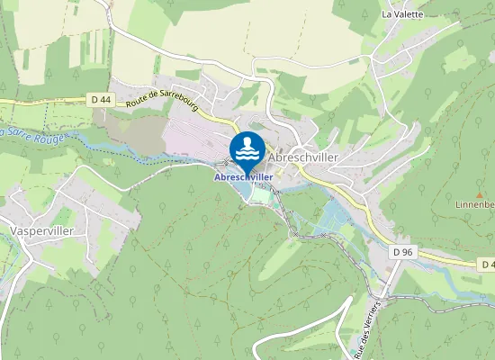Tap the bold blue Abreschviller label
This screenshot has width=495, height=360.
pos(243,177)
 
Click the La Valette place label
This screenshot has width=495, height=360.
pos(401,14)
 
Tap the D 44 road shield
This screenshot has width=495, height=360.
pos(101,99)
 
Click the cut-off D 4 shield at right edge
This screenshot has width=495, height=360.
pos(487,265)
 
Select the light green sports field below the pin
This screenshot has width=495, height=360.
pos(261,193)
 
